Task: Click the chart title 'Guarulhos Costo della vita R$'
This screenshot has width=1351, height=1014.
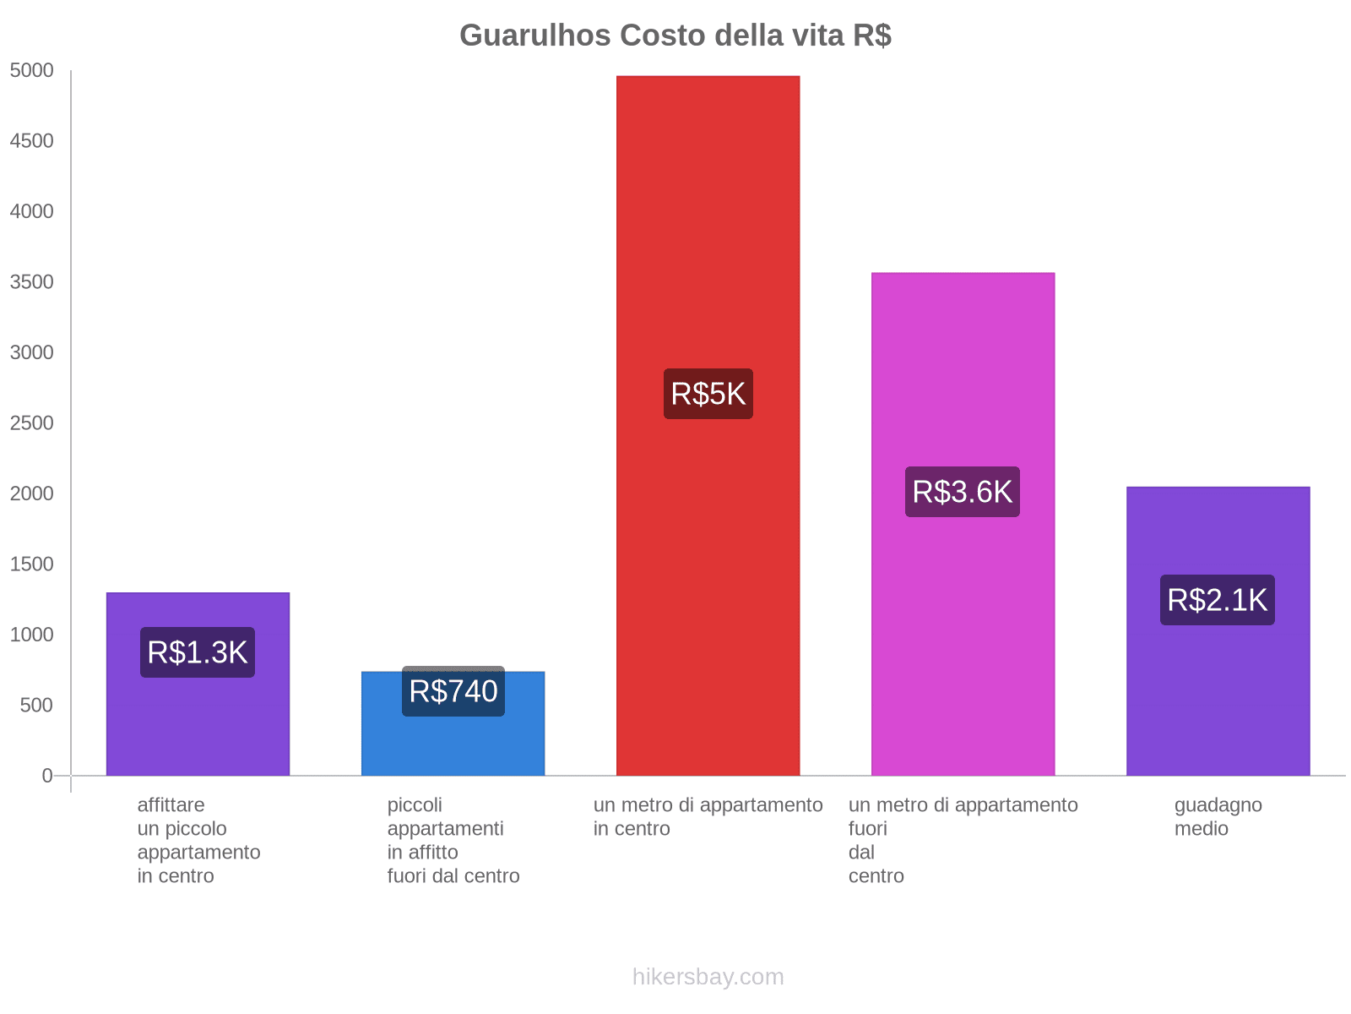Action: [x=675, y=35]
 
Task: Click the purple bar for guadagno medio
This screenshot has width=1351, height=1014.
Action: [x=1218, y=693]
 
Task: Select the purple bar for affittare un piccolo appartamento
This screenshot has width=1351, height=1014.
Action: [x=198, y=727]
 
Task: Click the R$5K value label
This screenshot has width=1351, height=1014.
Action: [x=708, y=394]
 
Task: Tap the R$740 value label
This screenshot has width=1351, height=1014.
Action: [x=453, y=691]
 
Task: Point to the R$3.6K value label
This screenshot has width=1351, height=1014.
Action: [x=963, y=492]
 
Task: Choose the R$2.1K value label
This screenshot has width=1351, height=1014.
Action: [x=1218, y=600]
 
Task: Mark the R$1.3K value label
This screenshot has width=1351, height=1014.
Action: [x=198, y=652]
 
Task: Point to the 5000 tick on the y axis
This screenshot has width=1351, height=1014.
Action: [x=32, y=71]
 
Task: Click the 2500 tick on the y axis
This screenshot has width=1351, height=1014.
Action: [x=32, y=423]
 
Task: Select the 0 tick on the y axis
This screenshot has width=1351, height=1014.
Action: [x=47, y=776]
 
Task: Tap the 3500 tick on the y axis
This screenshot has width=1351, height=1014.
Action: [x=32, y=282]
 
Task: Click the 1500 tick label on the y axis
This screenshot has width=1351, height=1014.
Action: [x=32, y=564]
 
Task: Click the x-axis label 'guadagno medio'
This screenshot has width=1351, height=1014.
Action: [x=1218, y=816]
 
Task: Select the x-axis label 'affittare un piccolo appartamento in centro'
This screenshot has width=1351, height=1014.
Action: [x=198, y=840]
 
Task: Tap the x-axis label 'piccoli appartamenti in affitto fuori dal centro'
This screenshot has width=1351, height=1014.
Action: [x=453, y=840]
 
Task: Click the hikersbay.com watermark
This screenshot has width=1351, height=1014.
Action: [x=708, y=977]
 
